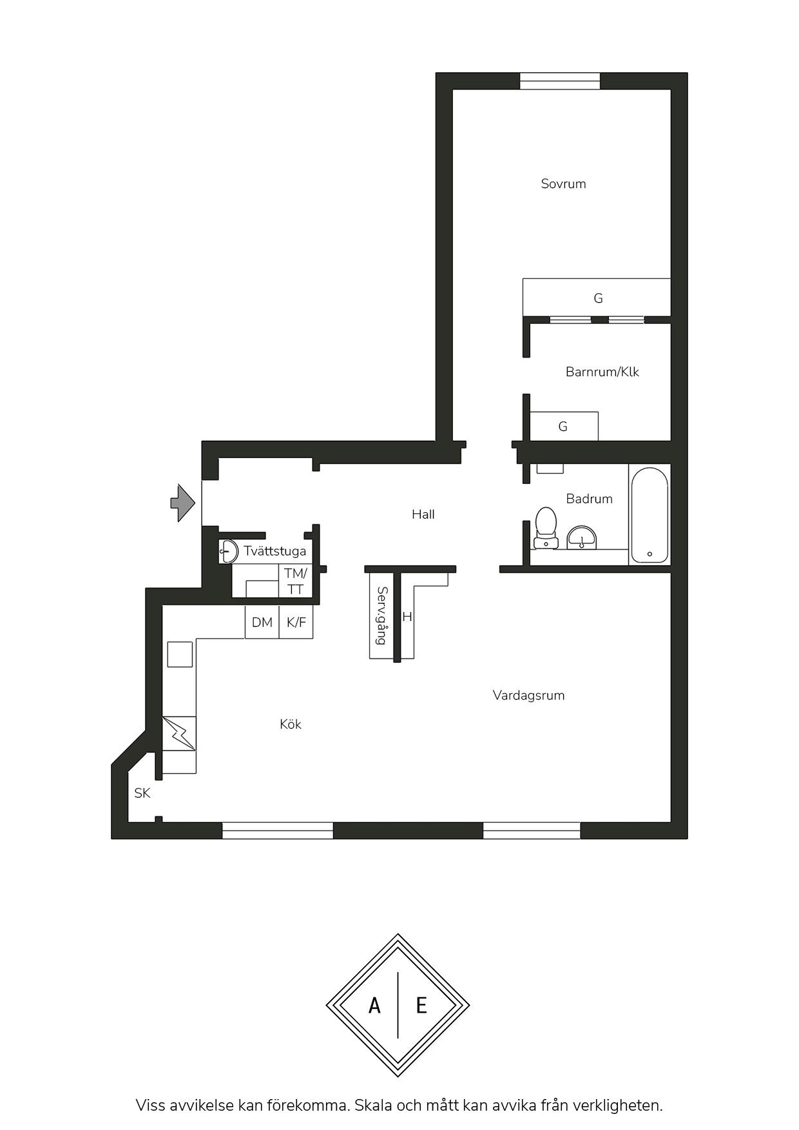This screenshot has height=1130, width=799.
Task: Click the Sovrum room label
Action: coord(563,184)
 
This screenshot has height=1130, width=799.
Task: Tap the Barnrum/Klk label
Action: coord(602,372)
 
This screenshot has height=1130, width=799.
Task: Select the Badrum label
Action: coord(589,499)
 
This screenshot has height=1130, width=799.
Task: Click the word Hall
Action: coord(423,514)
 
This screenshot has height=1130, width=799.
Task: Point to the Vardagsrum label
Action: coord(528,695)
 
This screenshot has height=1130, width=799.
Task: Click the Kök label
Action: coord(291,724)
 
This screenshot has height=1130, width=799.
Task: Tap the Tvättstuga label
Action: coord(274,551)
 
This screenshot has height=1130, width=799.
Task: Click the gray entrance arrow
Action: coord(182,503)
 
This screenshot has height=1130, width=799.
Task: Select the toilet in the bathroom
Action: coord(546,526)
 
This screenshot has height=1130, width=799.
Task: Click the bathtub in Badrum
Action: coord(650,515)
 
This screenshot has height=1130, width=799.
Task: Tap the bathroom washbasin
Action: coord(582,537)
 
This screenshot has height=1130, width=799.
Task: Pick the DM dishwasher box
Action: coord(262,622)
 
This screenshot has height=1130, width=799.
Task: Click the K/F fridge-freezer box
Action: coord(296,622)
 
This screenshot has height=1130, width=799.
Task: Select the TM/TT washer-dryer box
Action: coord(296,581)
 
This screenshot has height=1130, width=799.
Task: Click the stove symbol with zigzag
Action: coord(179,733)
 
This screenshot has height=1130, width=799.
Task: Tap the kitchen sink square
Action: coord(180,654)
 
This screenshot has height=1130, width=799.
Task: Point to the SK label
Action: coord(142,793)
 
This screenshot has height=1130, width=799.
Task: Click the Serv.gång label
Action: coord(381,616)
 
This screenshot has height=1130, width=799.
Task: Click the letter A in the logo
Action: coord(374,1005)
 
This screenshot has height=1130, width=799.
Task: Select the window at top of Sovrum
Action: coord(560,81)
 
